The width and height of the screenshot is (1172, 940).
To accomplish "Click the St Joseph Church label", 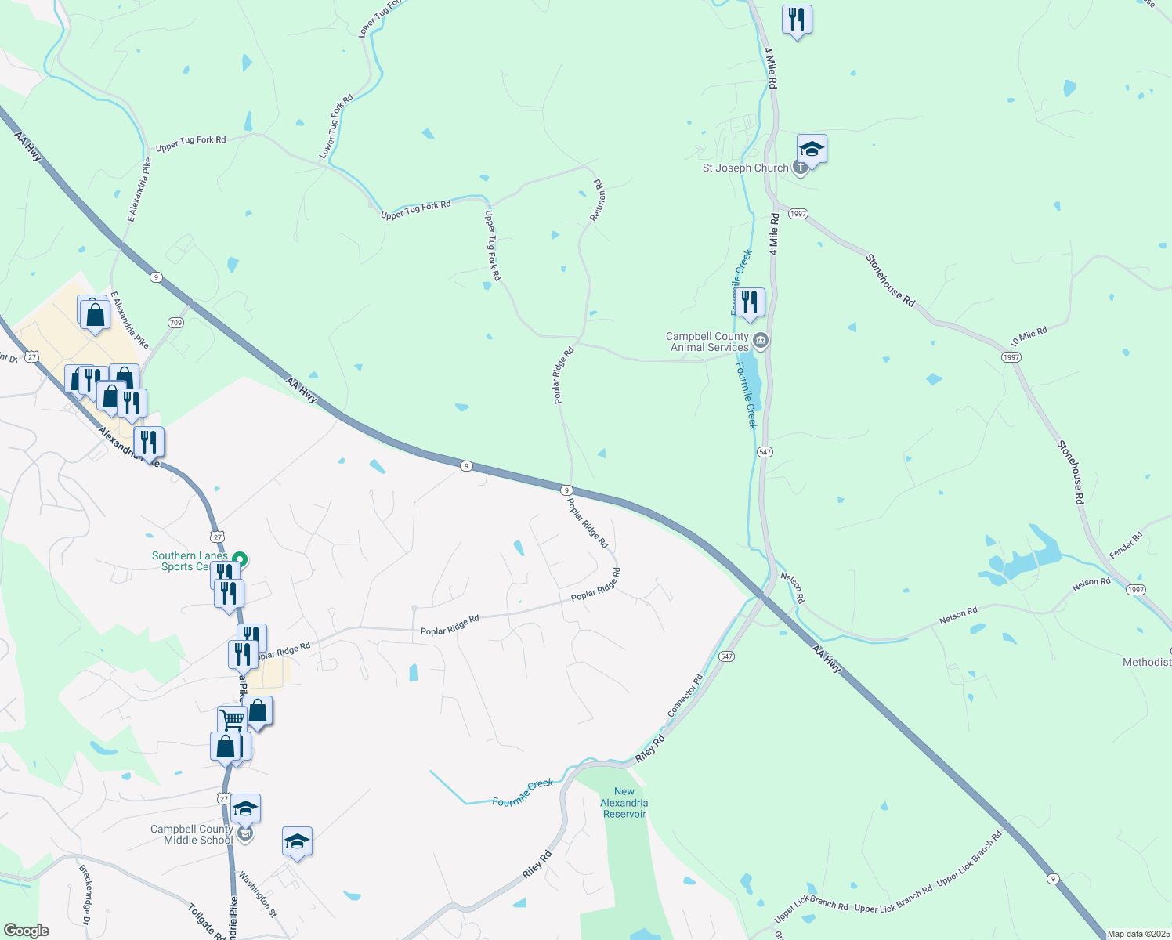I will (745, 168).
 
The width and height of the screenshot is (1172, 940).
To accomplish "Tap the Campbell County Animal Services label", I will (707, 342).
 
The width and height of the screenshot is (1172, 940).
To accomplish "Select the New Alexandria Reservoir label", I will (624, 803).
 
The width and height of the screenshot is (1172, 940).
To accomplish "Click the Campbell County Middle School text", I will (192, 834).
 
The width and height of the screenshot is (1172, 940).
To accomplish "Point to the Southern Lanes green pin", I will (241, 559).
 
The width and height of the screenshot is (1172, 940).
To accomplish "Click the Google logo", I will (26, 931).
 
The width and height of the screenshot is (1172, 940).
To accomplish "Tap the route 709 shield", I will (175, 322).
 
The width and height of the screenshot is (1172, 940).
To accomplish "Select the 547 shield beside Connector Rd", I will (727, 656).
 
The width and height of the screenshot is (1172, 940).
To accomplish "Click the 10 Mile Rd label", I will (1028, 338).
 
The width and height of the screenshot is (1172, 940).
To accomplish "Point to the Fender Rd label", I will (1126, 545).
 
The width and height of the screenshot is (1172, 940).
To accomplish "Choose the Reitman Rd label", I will (597, 200).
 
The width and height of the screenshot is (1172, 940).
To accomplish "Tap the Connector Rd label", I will (685, 696).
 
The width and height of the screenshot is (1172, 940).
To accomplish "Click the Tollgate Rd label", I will (202, 921).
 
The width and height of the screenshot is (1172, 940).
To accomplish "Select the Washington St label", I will (258, 894).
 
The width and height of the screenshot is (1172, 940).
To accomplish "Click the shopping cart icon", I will (232, 718).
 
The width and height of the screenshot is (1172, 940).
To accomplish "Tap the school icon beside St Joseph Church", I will (812, 149).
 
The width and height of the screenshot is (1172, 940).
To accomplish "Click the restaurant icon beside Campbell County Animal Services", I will (750, 302).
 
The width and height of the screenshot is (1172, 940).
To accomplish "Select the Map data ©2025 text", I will (1138, 934).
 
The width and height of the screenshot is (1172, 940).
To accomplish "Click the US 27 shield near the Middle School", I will (224, 799).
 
